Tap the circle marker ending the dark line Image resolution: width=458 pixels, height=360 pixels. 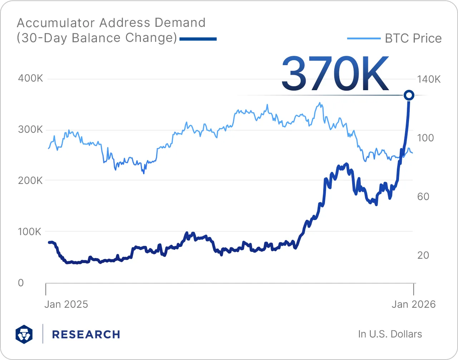point(409,95)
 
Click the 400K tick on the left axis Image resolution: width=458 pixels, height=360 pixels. point(30,78)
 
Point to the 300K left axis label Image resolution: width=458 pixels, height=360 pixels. point(30,130)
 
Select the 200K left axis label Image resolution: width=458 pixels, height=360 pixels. point(30,181)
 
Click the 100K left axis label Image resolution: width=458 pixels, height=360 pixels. point(30,232)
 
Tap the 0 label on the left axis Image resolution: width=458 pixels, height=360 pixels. point(21,283)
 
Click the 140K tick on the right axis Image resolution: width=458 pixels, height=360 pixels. point(429,79)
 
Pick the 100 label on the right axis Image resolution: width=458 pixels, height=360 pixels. point(425,138)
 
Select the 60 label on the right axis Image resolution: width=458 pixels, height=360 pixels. point(423,196)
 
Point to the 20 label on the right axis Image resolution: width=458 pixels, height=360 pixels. point(423,255)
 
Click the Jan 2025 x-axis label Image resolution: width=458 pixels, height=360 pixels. point(66,305)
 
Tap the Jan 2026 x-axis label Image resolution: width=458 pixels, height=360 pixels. point(414,305)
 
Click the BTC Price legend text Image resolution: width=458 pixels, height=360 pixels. point(413,39)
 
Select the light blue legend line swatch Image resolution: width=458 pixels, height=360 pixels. point(364,39)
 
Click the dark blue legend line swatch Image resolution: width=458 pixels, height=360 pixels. point(198,39)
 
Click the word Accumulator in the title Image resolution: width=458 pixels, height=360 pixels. point(56,23)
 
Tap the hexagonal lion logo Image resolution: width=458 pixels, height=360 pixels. point(24,334)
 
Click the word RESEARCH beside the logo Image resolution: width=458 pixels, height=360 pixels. point(86,335)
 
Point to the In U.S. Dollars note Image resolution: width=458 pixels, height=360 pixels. point(390,334)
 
